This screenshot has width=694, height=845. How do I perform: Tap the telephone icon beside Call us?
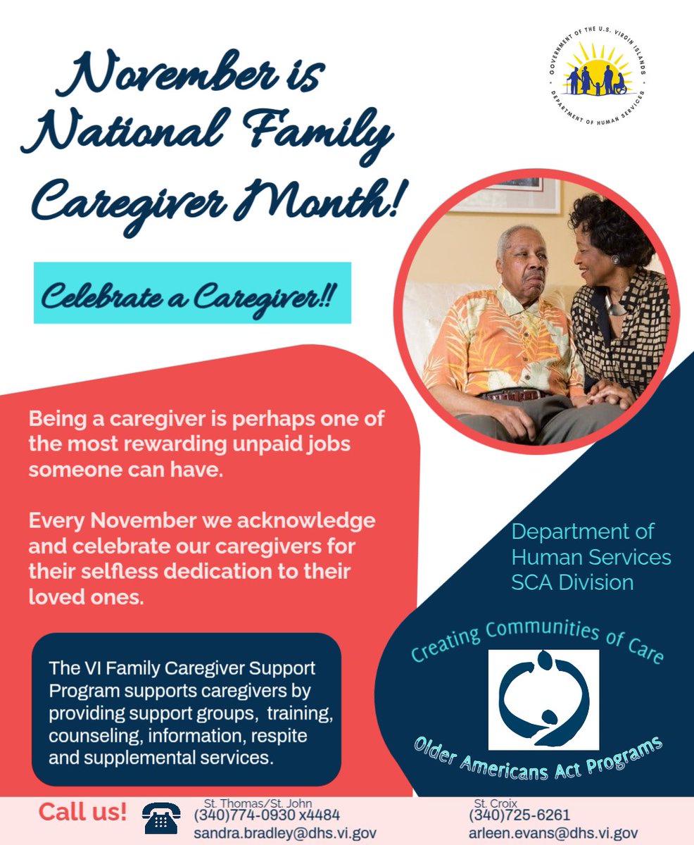click(x=161, y=818)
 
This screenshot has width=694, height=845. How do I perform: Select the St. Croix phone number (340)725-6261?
click(x=519, y=815)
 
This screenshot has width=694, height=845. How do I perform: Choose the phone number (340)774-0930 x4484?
click(x=267, y=815)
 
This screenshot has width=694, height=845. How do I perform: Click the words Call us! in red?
click(x=83, y=811)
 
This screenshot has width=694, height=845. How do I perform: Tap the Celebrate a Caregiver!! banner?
click(x=192, y=293)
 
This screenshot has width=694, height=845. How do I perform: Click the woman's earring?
click(x=614, y=261)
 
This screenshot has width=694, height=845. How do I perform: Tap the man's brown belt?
click(x=517, y=394)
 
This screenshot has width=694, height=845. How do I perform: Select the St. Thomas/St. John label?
click(x=258, y=802)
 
